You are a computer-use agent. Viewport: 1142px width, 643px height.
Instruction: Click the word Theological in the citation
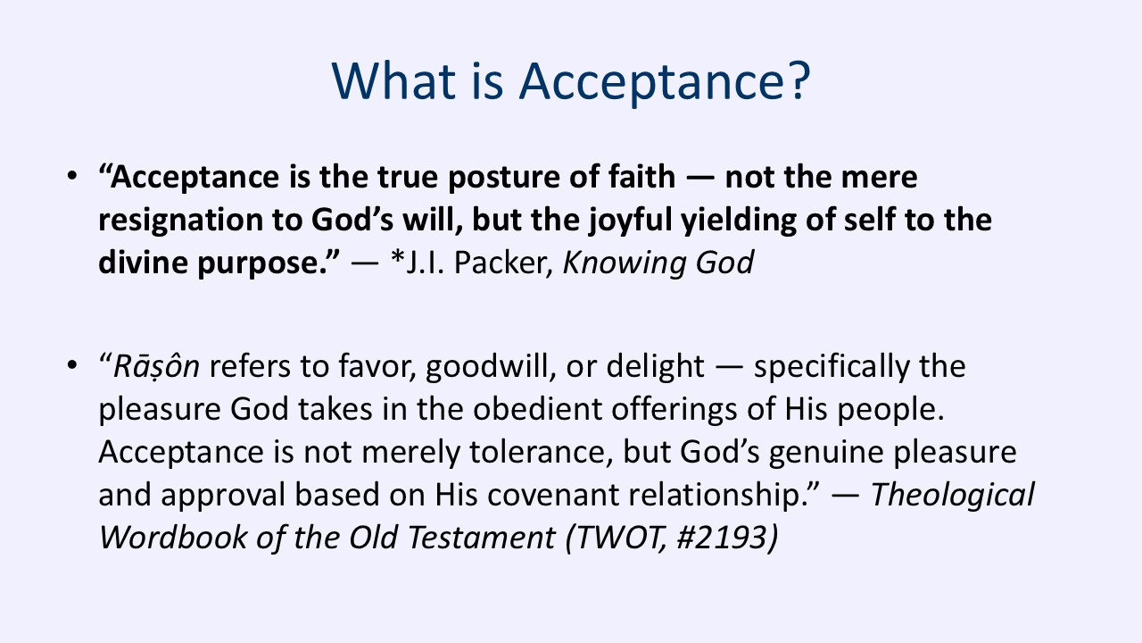pyautogui.click(x=953, y=494)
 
